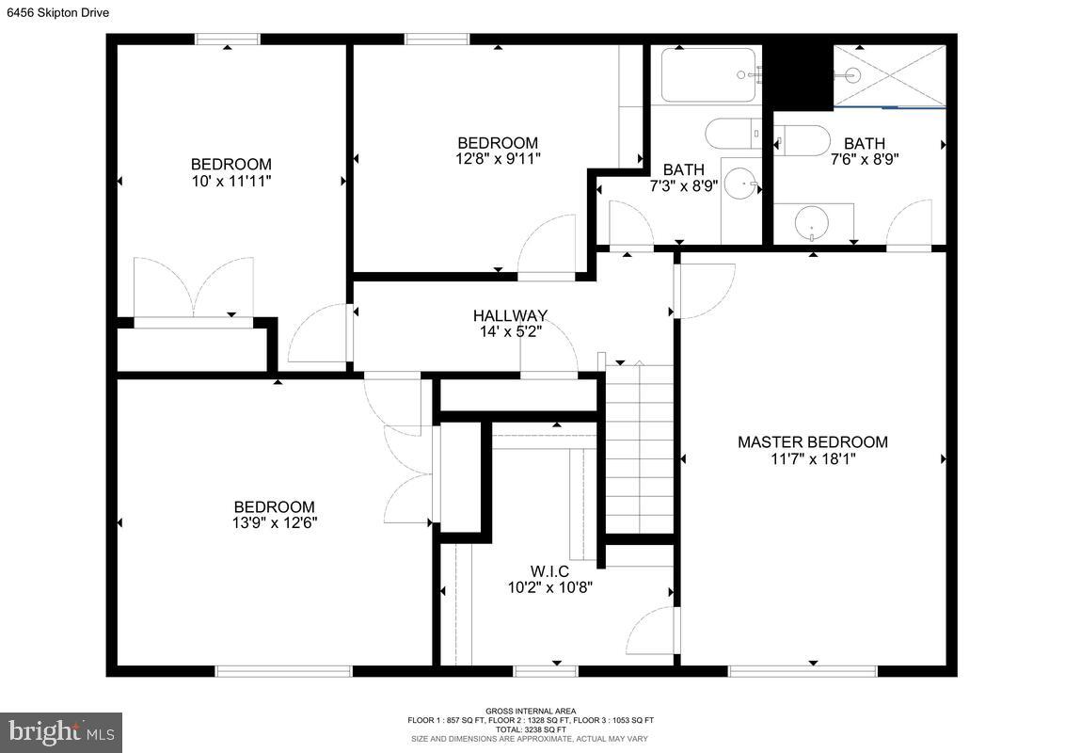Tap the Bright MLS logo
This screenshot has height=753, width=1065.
pos(61,731)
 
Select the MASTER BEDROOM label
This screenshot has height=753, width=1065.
pos(812,442)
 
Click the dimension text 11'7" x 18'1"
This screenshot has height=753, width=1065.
pos(812,459)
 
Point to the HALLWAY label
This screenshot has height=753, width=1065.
pos(510,315)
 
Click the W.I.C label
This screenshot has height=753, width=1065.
pos(549,571)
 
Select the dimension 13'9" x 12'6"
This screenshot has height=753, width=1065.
pos(275,523)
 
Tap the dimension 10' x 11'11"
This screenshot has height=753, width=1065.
pos(230,181)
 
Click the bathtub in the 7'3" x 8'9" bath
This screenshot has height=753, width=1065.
pos(708,75)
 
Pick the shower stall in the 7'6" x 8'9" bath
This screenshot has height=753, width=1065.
pos(888,75)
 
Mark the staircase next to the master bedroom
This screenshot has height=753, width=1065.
pos(639,450)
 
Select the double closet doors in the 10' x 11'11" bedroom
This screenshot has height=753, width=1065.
pos(193,287)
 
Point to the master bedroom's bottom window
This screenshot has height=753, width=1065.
pos(802,671)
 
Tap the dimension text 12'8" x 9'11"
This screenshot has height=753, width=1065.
pos(498,159)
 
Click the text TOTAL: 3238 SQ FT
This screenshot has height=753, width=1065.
pos(531,729)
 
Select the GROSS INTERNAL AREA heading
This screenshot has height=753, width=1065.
pos(531,711)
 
